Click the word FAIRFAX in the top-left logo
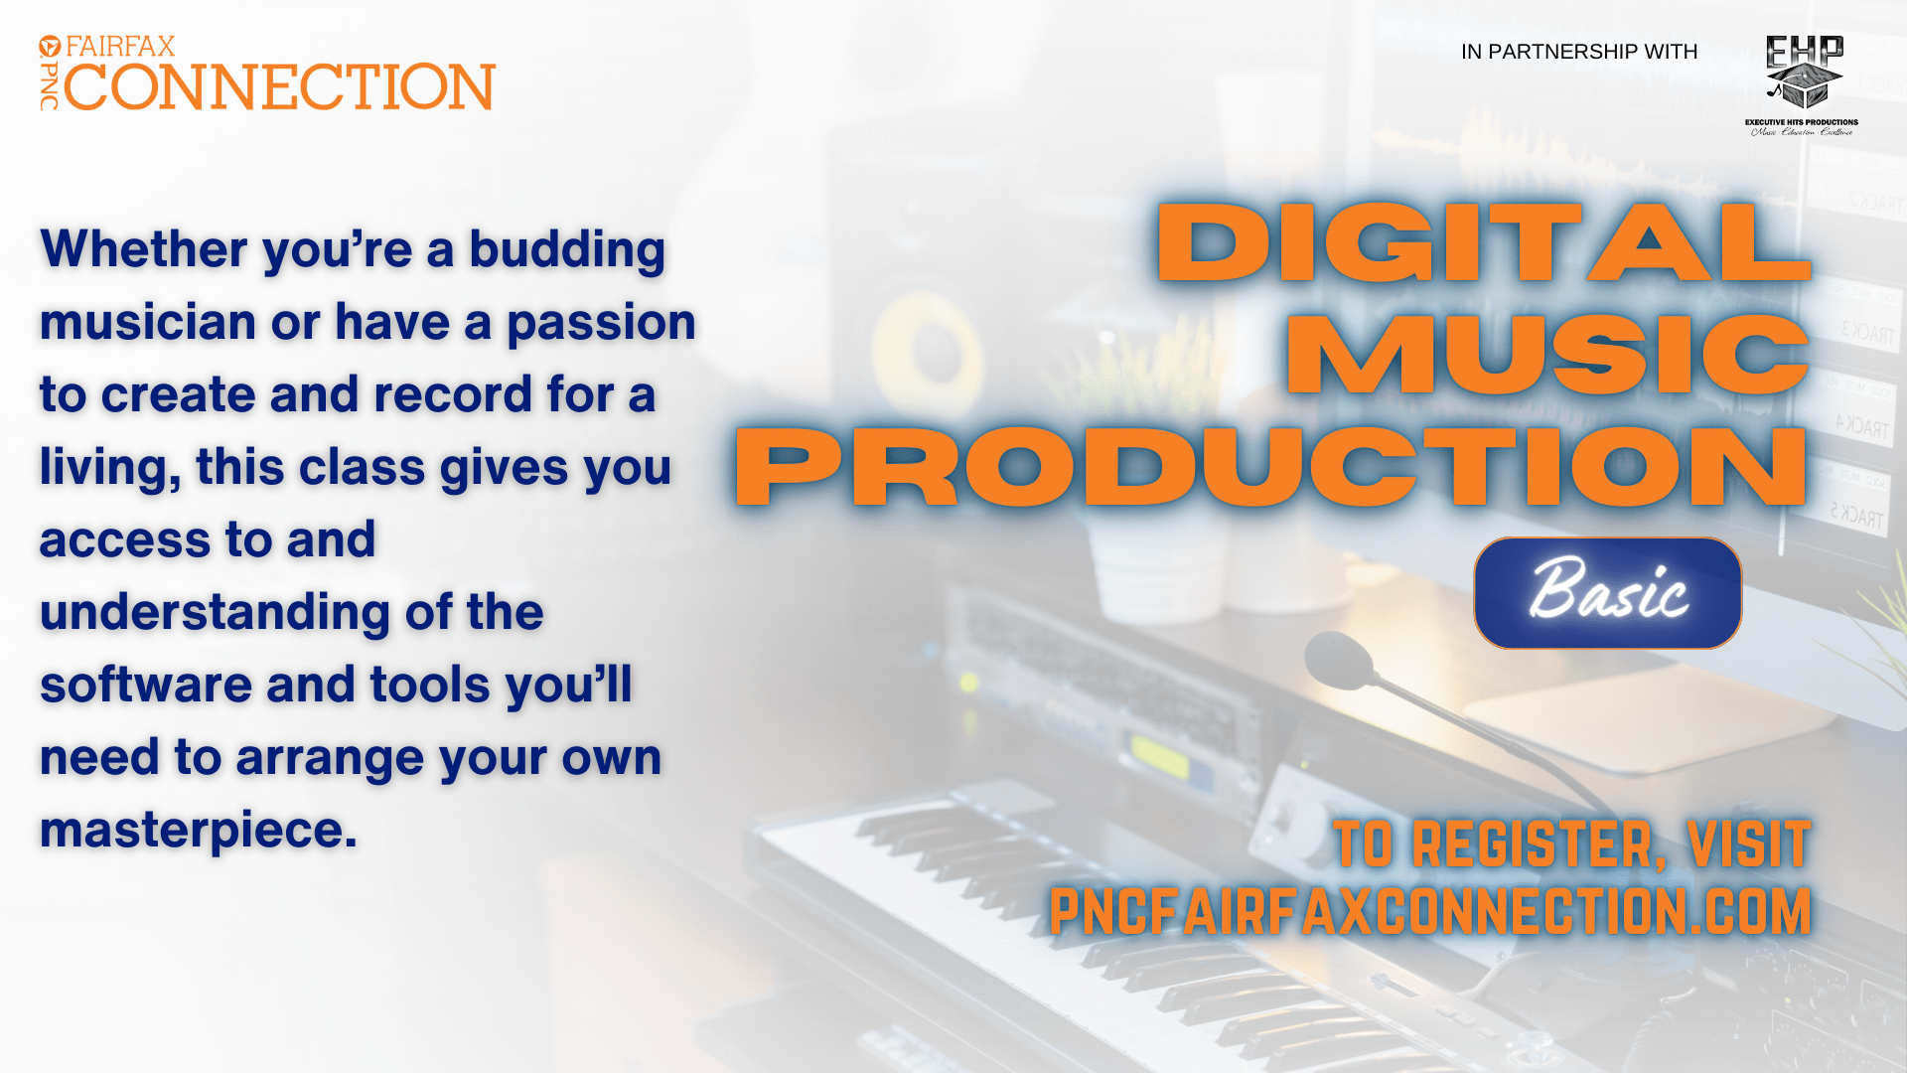[x=120, y=47]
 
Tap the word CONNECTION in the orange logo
[x=279, y=87]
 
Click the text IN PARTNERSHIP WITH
[x=1579, y=52]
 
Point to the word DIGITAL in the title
[x=1484, y=243]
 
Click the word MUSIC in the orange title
[x=1547, y=355]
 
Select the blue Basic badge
[x=1607, y=593]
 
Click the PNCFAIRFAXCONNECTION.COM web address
[x=1430, y=911]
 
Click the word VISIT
[x=1749, y=844]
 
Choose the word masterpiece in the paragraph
[x=199, y=831]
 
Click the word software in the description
[x=146, y=686]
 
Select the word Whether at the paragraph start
[x=143, y=249]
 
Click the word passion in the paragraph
[x=601, y=323]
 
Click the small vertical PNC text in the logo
[x=49, y=86]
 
